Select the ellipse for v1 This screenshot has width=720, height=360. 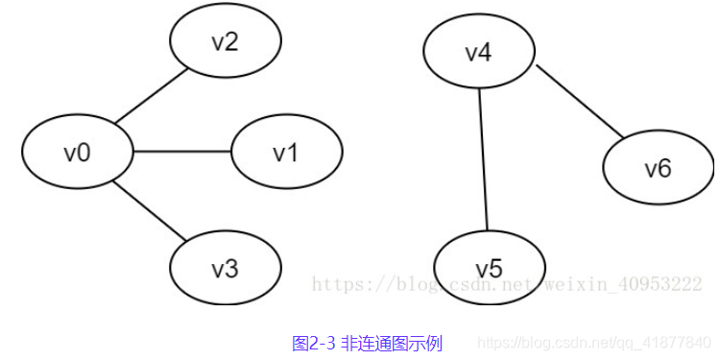point(286,153)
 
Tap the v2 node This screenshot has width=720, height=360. point(225,43)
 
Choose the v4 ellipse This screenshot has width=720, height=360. point(478,52)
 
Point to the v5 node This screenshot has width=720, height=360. point(490,267)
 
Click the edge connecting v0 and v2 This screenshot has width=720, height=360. point(150,96)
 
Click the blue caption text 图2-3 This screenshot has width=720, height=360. point(313,343)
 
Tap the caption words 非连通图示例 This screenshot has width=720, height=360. point(392,343)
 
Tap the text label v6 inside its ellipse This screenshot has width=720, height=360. point(658,170)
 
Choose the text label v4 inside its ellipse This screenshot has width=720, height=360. point(478,52)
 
